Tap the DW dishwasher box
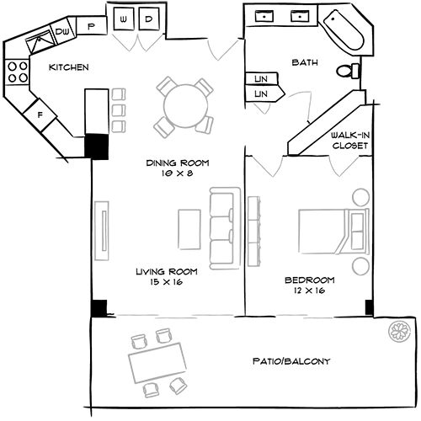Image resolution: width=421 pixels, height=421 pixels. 62,32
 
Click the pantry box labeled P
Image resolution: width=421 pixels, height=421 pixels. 91,27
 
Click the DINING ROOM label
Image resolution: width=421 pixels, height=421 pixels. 177,163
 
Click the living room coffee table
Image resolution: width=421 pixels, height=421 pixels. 189,227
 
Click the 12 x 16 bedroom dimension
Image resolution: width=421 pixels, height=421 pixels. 309,290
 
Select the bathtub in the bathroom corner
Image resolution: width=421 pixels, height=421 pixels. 346,28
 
